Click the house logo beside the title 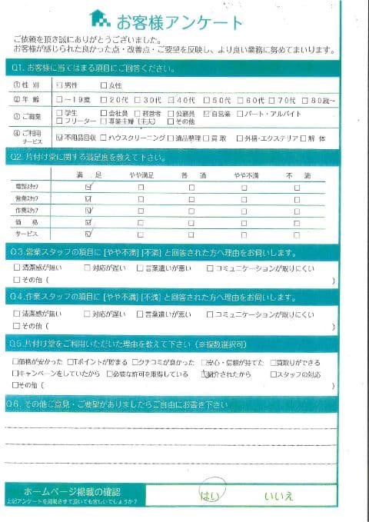click(x=99, y=17)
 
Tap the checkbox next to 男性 click(x=60, y=85)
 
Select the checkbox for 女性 click(x=105, y=85)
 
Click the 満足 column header click(x=91, y=176)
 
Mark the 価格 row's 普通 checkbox click(x=192, y=221)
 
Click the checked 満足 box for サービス click(x=90, y=233)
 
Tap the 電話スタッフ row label click(x=27, y=187)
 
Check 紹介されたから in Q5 click(x=203, y=374)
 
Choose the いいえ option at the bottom click(x=278, y=495)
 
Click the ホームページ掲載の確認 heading click(x=72, y=490)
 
